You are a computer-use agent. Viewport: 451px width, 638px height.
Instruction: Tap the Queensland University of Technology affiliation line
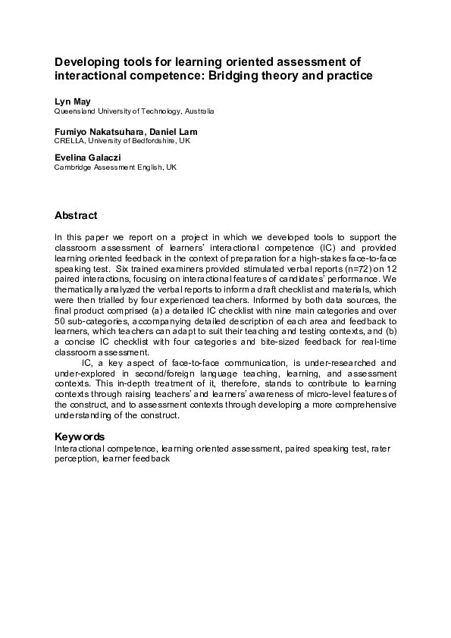click(x=134, y=111)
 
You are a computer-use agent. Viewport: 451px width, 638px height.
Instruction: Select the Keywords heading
click(x=80, y=436)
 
